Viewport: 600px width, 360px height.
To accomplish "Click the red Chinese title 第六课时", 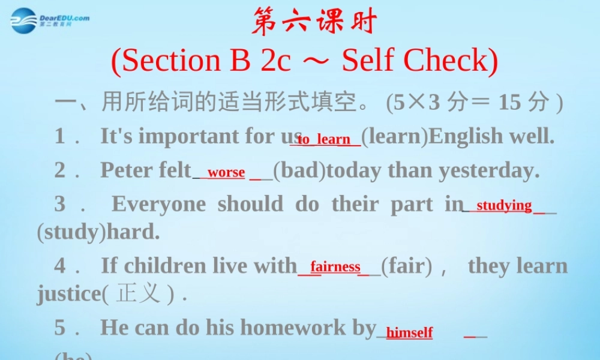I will (x=314, y=23).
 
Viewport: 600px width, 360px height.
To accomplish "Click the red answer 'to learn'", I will (x=325, y=139).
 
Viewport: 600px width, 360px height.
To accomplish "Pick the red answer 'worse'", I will (x=226, y=173).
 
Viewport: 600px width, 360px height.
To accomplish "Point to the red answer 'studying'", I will (x=504, y=206).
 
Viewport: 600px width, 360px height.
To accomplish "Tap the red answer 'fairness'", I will (x=335, y=266).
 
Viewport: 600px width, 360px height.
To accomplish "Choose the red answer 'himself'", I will (x=409, y=332).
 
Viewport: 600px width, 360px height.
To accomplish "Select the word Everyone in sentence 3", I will (x=158, y=204).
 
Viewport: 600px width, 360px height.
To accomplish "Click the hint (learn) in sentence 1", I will (x=395, y=137).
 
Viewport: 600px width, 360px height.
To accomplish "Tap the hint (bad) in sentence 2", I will (x=299, y=170).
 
